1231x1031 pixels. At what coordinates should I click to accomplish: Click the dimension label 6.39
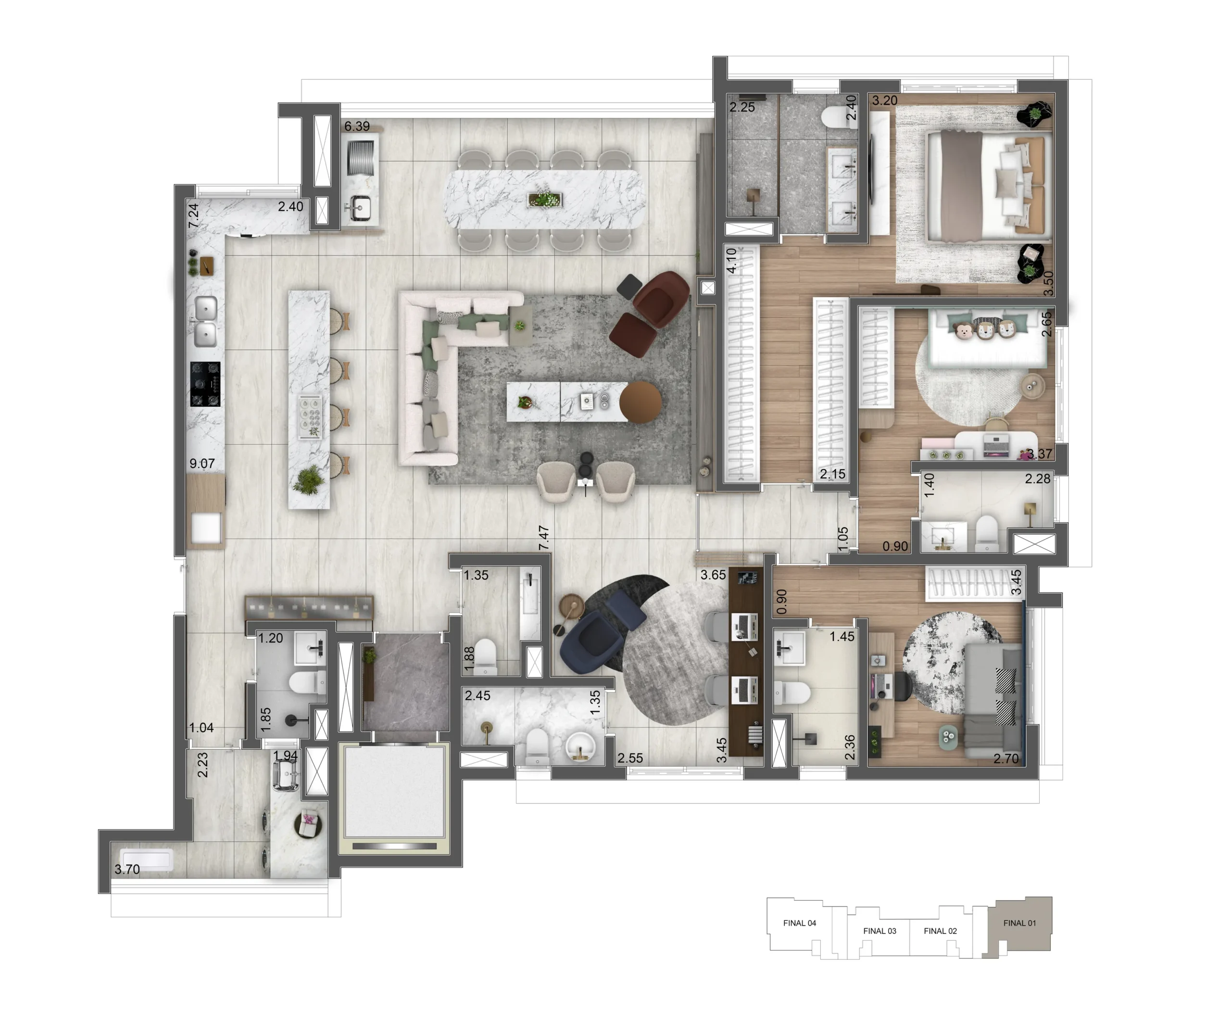click(x=356, y=126)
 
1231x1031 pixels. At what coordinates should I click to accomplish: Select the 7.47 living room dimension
click(x=543, y=538)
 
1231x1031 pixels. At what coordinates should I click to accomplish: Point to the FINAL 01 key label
click(x=1019, y=923)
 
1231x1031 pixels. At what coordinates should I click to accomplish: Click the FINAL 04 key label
click(x=800, y=923)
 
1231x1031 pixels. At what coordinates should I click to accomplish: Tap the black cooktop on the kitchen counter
click(x=205, y=384)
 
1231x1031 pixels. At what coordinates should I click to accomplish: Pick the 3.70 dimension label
click(x=127, y=869)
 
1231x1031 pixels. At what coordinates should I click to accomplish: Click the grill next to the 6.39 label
click(x=361, y=157)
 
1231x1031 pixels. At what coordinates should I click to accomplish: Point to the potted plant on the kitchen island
click(x=308, y=479)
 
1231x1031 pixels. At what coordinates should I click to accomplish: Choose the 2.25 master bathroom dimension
click(x=742, y=107)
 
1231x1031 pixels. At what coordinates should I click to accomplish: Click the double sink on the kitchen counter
click(x=205, y=322)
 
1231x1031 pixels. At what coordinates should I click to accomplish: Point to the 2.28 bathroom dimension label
click(x=1038, y=479)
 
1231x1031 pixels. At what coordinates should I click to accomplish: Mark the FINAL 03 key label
click(x=879, y=931)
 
